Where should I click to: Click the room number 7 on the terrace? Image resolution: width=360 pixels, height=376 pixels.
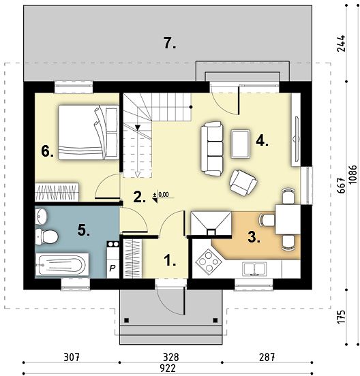pos(170,43)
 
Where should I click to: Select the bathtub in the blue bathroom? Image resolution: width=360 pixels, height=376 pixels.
pos(61,265)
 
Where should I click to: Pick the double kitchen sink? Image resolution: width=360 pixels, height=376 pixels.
pos(254,268)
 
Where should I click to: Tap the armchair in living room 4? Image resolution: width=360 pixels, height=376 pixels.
pos(243,183)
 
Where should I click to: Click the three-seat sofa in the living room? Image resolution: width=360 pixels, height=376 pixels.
pos(211,148)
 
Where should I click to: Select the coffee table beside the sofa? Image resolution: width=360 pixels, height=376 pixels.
pos(241,144)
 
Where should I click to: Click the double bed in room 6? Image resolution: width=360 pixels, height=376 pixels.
pos(89,132)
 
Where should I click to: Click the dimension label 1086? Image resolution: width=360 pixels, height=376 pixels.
pos(353,174)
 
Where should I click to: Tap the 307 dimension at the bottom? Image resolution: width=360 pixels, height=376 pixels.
pos(72,358)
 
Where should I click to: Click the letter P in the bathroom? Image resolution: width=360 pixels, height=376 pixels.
pos(112,268)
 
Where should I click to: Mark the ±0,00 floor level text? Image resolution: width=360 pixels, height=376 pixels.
pos(162,195)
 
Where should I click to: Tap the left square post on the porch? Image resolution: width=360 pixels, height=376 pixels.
pos(127,320)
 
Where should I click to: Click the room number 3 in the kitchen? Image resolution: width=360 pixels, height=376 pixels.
pos(254,237)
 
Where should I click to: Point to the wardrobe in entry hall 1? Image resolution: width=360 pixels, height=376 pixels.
pos(132,259)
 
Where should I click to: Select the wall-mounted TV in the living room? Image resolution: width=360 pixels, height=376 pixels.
pos(297,138)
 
